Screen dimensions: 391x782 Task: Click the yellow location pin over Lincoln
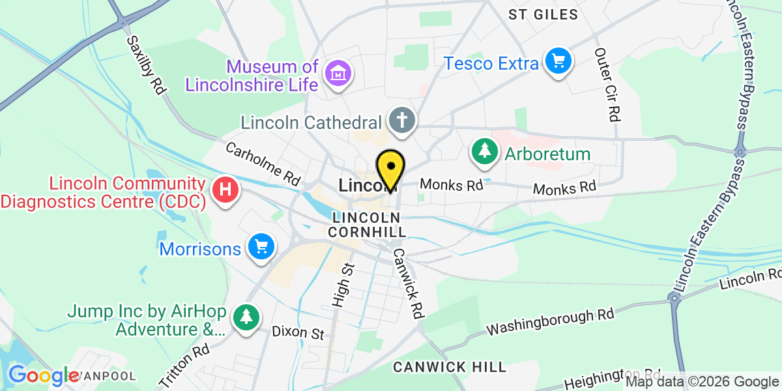390,169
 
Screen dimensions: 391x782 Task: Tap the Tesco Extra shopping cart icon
558,62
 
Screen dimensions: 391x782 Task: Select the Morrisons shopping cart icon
262,248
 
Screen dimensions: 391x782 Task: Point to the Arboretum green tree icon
484,152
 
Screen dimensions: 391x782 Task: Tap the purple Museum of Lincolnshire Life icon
338,74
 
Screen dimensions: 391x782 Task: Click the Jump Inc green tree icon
246,317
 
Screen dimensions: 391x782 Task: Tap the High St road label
341,285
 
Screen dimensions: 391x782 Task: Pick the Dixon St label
298,334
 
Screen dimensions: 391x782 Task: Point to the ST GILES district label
543,14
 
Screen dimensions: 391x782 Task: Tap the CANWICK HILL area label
449,367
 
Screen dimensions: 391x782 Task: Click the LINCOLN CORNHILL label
368,224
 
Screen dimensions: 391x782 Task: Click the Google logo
44,376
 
